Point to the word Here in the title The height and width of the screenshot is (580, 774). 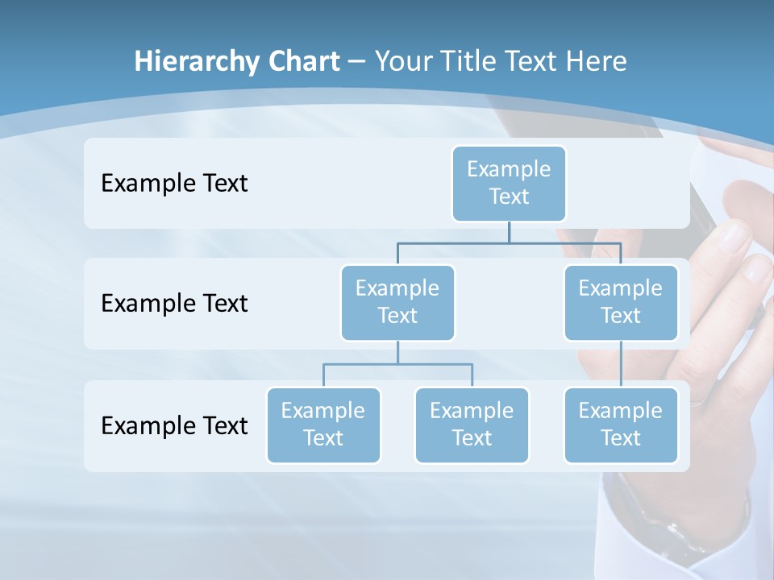pos(596,61)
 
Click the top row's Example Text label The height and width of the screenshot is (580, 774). pos(174,183)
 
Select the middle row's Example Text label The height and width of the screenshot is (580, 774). pos(174,303)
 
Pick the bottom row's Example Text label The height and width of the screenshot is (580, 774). pos(174,425)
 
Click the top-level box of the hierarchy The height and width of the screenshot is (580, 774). pos(509,183)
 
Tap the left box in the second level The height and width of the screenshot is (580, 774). pos(397,302)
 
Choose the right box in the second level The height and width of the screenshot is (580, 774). pos(621,302)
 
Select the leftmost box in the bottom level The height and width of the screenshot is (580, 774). pos(323,425)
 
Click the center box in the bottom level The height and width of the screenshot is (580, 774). pos(472,425)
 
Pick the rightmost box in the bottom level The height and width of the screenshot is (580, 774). pos(621,425)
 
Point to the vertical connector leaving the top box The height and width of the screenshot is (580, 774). pos(509,232)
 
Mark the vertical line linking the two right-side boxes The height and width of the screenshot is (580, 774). pos(621,364)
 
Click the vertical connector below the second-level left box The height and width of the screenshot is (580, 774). pos(397,352)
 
